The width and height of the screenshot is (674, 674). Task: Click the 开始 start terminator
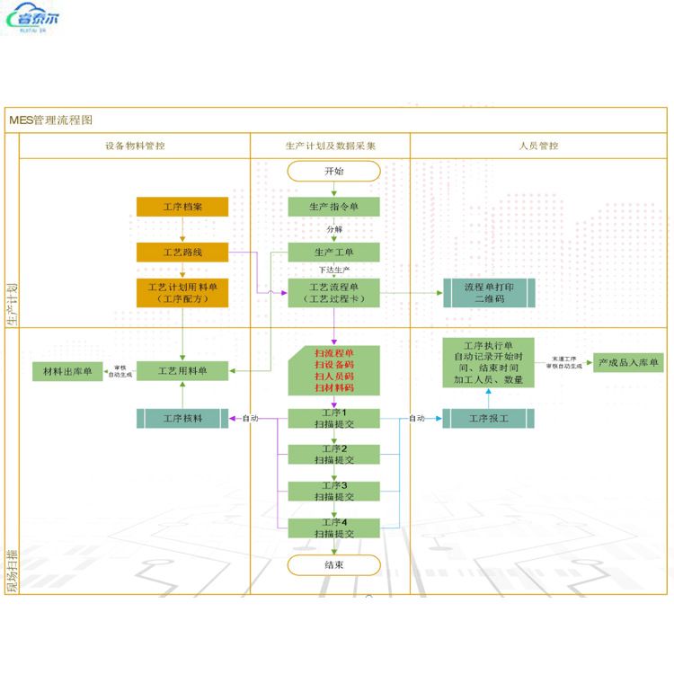(333, 171)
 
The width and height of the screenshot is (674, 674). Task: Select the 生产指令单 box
(333, 208)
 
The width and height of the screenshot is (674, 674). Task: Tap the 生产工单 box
(333, 253)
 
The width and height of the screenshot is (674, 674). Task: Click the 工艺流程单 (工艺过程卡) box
(333, 293)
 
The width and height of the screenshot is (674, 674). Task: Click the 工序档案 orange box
(182, 208)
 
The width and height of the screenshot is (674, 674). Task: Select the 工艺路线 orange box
(182, 253)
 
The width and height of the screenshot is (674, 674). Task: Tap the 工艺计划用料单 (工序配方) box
(182, 293)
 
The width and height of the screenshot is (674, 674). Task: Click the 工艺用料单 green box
(182, 370)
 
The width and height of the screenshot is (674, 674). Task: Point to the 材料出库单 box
(68, 370)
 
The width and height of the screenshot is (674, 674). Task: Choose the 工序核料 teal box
(182, 418)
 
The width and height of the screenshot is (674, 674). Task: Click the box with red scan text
(333, 370)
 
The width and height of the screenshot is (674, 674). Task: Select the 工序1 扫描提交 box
(333, 418)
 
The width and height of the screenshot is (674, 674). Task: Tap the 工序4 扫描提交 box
(333, 528)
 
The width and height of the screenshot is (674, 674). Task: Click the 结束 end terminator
(333, 565)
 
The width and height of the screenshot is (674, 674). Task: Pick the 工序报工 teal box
(489, 418)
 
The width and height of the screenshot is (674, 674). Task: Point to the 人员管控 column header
(538, 146)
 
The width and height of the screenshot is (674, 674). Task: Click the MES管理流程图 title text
(51, 120)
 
